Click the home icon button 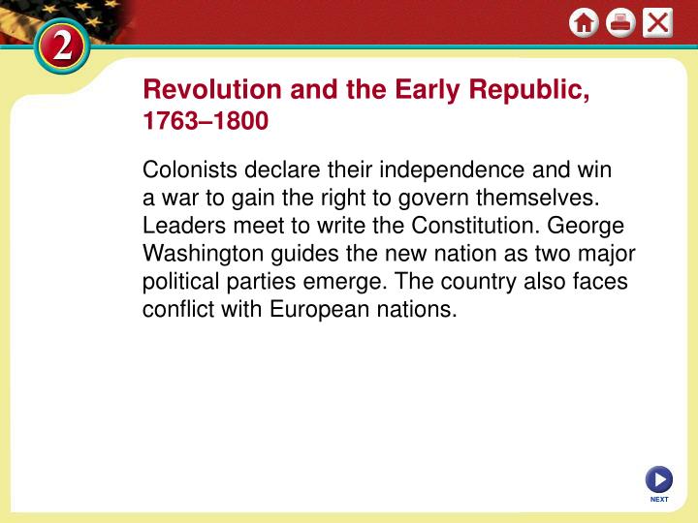(x=584, y=22)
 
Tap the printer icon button (x=620, y=22)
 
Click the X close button (x=657, y=22)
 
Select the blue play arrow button (x=658, y=478)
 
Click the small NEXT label (x=658, y=500)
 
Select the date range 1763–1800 (x=206, y=123)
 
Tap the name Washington (x=201, y=255)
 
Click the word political (x=179, y=283)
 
